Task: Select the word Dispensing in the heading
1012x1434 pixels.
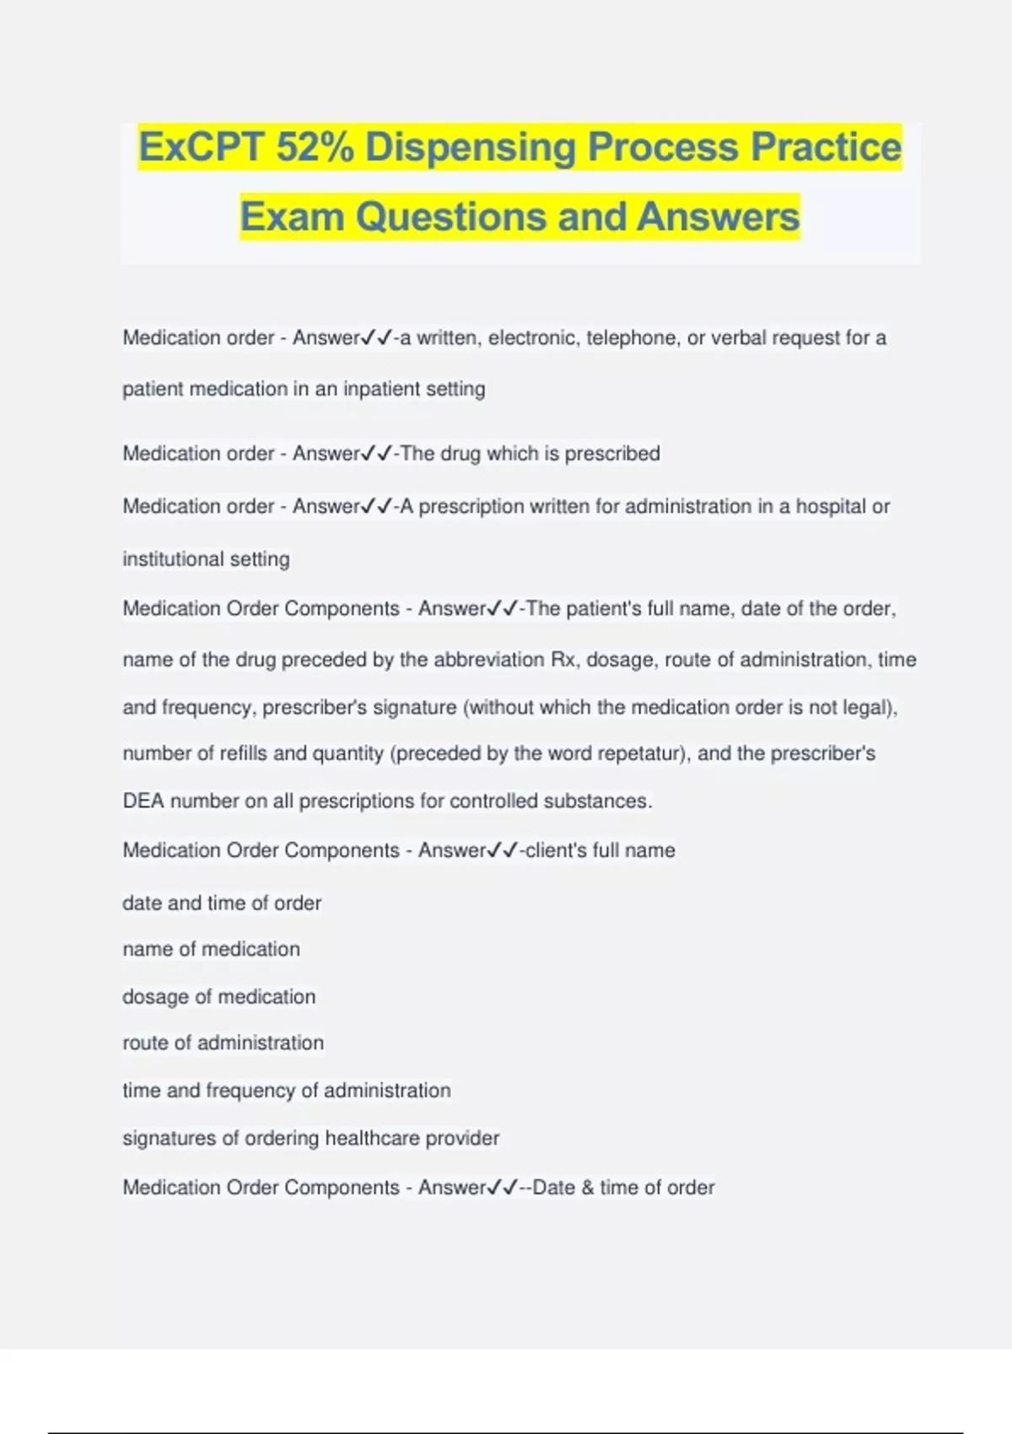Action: tap(471, 148)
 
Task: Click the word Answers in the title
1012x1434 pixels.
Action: tap(718, 217)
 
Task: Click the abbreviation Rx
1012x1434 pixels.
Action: tap(563, 660)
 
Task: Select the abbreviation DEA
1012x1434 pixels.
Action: tap(143, 801)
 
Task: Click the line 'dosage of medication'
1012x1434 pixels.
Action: tap(219, 996)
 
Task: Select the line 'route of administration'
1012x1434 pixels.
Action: tap(223, 1043)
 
